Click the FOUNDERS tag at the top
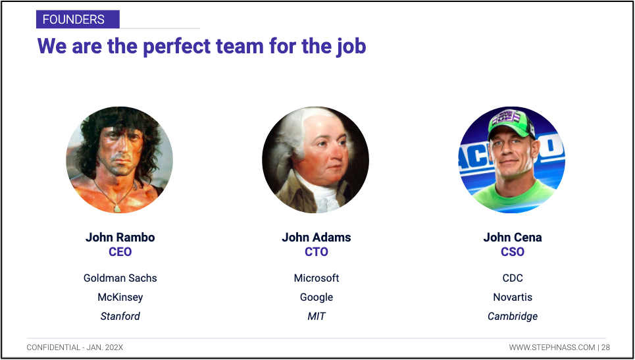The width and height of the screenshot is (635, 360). pos(78,19)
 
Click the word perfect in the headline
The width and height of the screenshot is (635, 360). pos(176,46)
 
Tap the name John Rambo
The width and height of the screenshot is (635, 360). pos(120,238)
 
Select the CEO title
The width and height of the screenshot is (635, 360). pos(120,252)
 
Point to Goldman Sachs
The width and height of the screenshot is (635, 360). pos(120,278)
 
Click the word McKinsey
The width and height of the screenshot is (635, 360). pos(120,297)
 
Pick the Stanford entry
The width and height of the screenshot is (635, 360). pos(120,316)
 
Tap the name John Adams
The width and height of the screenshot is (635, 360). pos(317,238)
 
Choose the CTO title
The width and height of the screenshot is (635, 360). pos(317,252)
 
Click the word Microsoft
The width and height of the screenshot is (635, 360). pos(317,278)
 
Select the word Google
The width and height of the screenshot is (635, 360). pos(317,297)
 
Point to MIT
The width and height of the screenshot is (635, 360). pos(317,316)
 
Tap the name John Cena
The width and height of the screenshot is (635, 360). pos(513,238)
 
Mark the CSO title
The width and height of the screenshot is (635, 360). pos(513,252)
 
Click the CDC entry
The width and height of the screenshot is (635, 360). pos(513,278)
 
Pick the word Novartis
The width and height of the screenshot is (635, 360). pos(513,297)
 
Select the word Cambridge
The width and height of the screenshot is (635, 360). pos(513,316)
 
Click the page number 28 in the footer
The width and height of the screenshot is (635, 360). pos(605,347)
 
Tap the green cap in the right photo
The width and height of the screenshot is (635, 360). pos(511,122)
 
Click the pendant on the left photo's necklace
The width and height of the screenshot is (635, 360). pos(116,209)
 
